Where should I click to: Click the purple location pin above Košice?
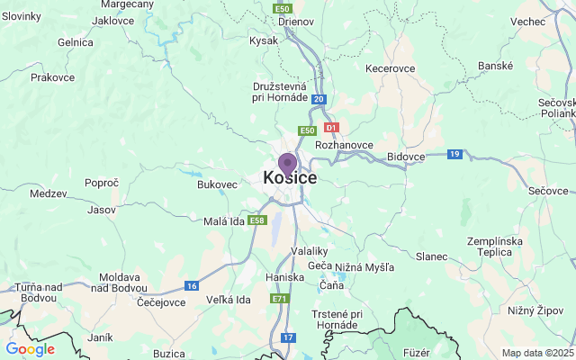(287, 164)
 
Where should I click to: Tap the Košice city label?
(290, 178)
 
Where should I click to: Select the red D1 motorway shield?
(331, 128)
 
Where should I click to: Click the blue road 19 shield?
(454, 155)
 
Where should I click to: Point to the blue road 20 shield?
(319, 99)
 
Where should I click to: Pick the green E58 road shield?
(257, 220)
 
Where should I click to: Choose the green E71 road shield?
(280, 299)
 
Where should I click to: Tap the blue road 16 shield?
(192, 285)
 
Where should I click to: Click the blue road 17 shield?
(288, 337)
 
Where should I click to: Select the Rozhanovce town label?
(344, 144)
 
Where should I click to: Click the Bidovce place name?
(405, 157)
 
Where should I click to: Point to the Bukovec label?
(217, 184)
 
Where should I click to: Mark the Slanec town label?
(432, 256)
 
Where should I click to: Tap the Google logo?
(30, 349)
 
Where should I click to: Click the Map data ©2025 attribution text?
(538, 353)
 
